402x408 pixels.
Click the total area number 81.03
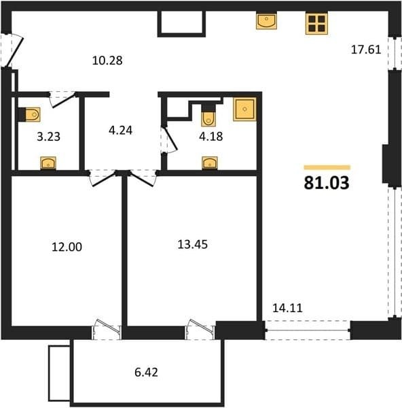tap(327, 183)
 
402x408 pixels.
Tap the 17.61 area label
tap(366, 50)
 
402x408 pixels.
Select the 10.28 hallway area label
tap(107, 61)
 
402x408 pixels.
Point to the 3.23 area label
tap(49, 137)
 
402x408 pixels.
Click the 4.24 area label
tap(121, 131)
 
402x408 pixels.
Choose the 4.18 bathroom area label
tap(211, 137)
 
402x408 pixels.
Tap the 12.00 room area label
tap(67, 247)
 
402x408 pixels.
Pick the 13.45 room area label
tap(193, 245)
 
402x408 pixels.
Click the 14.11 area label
tap(287, 308)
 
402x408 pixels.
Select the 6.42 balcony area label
tap(146, 373)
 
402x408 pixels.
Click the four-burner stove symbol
tap(316, 24)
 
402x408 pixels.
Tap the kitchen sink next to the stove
tap(266, 21)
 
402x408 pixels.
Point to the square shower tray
tap(244, 109)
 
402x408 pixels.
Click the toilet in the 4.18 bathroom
tap(208, 115)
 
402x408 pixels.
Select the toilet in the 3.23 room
tap(29, 114)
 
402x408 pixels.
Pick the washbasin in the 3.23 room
tap(48, 163)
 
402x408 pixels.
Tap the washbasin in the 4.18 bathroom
tap(210, 163)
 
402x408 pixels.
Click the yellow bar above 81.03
tap(327, 167)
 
